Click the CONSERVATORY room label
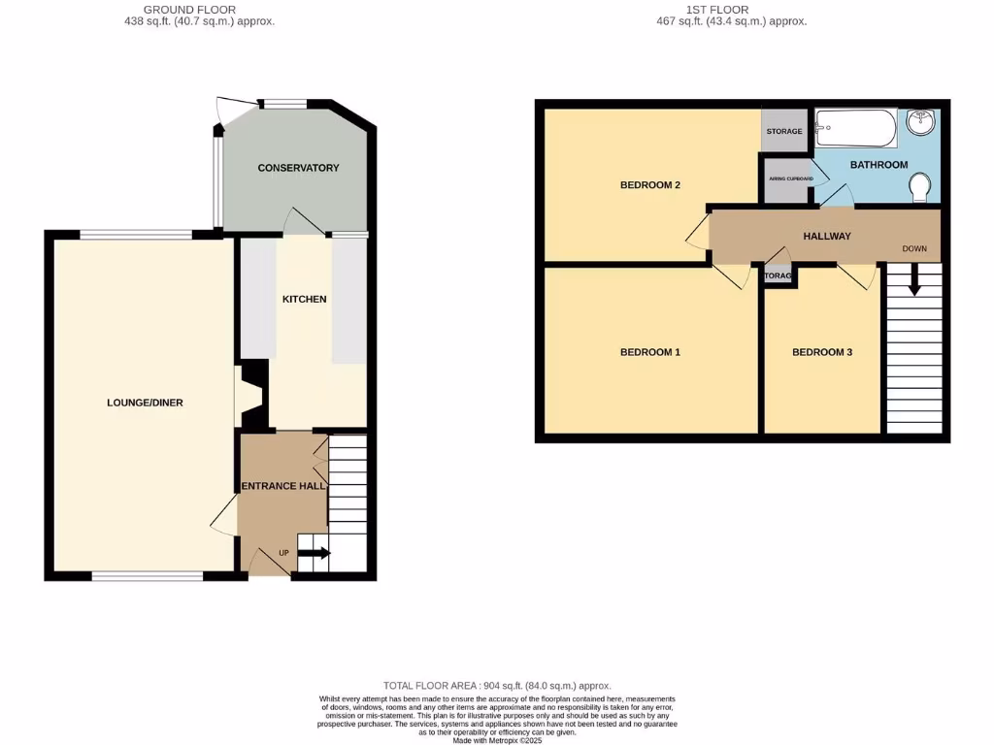pyautogui.click(x=298, y=168)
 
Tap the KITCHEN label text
pyautogui.click(x=304, y=299)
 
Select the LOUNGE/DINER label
pyautogui.click(x=146, y=403)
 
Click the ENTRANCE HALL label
pyautogui.click(x=282, y=485)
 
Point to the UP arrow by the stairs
pyautogui.click(x=314, y=554)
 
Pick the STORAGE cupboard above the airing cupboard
pyautogui.click(x=783, y=131)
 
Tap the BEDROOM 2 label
pyautogui.click(x=649, y=184)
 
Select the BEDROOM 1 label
pyautogui.click(x=649, y=352)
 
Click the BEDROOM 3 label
pyautogui.click(x=821, y=352)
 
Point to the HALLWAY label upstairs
pyautogui.click(x=827, y=236)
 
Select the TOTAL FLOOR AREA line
pyautogui.click(x=497, y=686)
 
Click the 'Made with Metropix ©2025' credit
pyautogui.click(x=497, y=739)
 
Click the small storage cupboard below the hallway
pyautogui.click(x=778, y=275)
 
